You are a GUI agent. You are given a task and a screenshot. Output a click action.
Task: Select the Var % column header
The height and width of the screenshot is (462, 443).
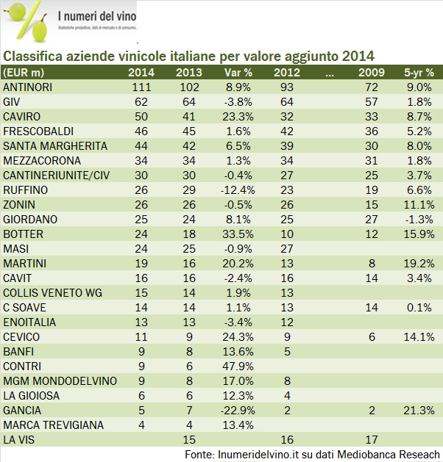pos(238,73)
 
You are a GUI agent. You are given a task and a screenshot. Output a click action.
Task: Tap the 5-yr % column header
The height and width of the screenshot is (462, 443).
pos(418,73)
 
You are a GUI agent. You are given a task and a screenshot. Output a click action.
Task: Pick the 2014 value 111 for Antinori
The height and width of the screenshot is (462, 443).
pos(142,87)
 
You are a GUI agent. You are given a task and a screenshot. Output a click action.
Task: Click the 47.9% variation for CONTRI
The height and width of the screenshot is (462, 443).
pos(238,367)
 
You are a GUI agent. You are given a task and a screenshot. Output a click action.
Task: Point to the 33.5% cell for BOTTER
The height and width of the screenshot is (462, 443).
pos(238,234)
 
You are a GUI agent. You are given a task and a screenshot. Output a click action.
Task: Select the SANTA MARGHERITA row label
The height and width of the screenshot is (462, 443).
pos(55,146)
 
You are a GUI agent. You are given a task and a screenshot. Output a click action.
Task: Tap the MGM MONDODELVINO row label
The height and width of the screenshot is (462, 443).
pos(56,381)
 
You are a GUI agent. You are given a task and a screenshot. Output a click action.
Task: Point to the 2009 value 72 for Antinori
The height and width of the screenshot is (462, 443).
pos(372,87)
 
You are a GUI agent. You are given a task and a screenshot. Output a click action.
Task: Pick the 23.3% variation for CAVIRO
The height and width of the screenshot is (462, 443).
pos(238,117)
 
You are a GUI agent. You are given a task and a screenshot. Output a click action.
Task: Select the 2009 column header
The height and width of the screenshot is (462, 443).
pos(372,73)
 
